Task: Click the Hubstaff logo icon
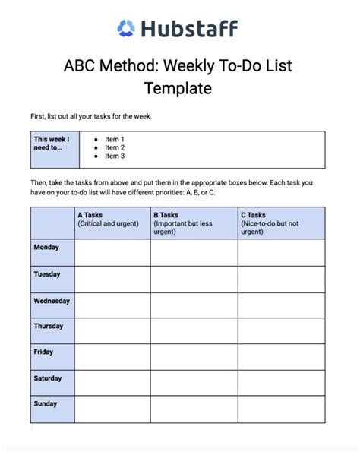click(x=126, y=29)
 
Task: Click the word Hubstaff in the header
click(x=188, y=29)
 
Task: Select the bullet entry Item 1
click(x=114, y=140)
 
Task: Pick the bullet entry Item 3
click(x=114, y=156)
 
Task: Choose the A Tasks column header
click(x=112, y=223)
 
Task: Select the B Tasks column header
click(x=194, y=223)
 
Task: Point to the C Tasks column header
click(x=281, y=223)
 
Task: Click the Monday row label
click(x=47, y=248)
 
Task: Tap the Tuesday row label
click(x=47, y=274)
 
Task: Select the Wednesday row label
click(x=52, y=301)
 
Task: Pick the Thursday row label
click(x=49, y=327)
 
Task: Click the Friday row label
click(x=44, y=352)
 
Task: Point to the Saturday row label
click(x=48, y=378)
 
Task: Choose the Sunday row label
click(x=46, y=404)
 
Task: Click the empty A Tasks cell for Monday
click(x=112, y=252)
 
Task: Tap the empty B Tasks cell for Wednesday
click(x=194, y=305)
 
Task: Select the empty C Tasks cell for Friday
click(x=281, y=357)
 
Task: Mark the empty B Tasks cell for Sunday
click(x=194, y=409)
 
